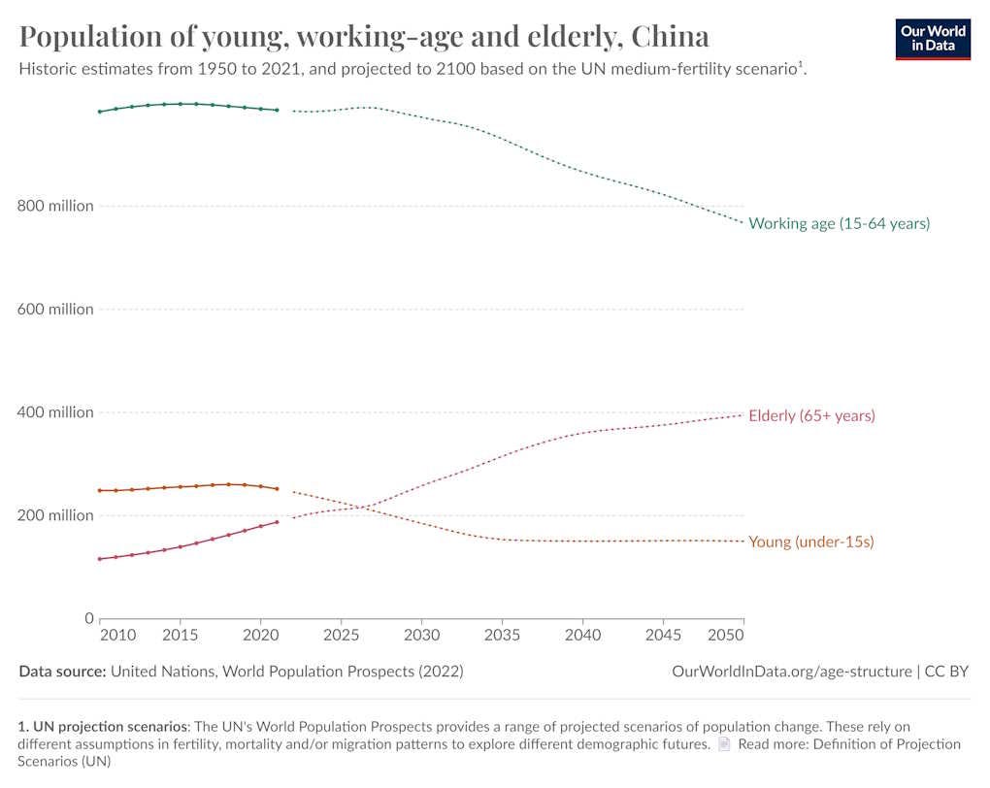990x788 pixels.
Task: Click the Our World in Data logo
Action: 932,38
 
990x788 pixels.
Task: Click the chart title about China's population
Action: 364,37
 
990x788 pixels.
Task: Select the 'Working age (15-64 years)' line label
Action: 839,223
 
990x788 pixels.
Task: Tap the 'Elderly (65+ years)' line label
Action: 811,415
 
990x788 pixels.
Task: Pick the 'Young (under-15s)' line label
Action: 810,542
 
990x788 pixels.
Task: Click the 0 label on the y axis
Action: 88,618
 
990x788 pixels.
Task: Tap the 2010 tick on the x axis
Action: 117,636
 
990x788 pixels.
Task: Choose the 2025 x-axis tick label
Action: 341,636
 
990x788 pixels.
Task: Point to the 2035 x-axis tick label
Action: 502,636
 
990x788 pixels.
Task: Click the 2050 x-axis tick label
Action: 726,636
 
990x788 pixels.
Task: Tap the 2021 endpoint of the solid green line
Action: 277,111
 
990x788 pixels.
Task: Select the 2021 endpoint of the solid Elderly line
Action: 277,522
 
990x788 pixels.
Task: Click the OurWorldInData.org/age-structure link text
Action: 791,671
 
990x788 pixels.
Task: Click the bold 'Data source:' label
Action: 62,671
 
